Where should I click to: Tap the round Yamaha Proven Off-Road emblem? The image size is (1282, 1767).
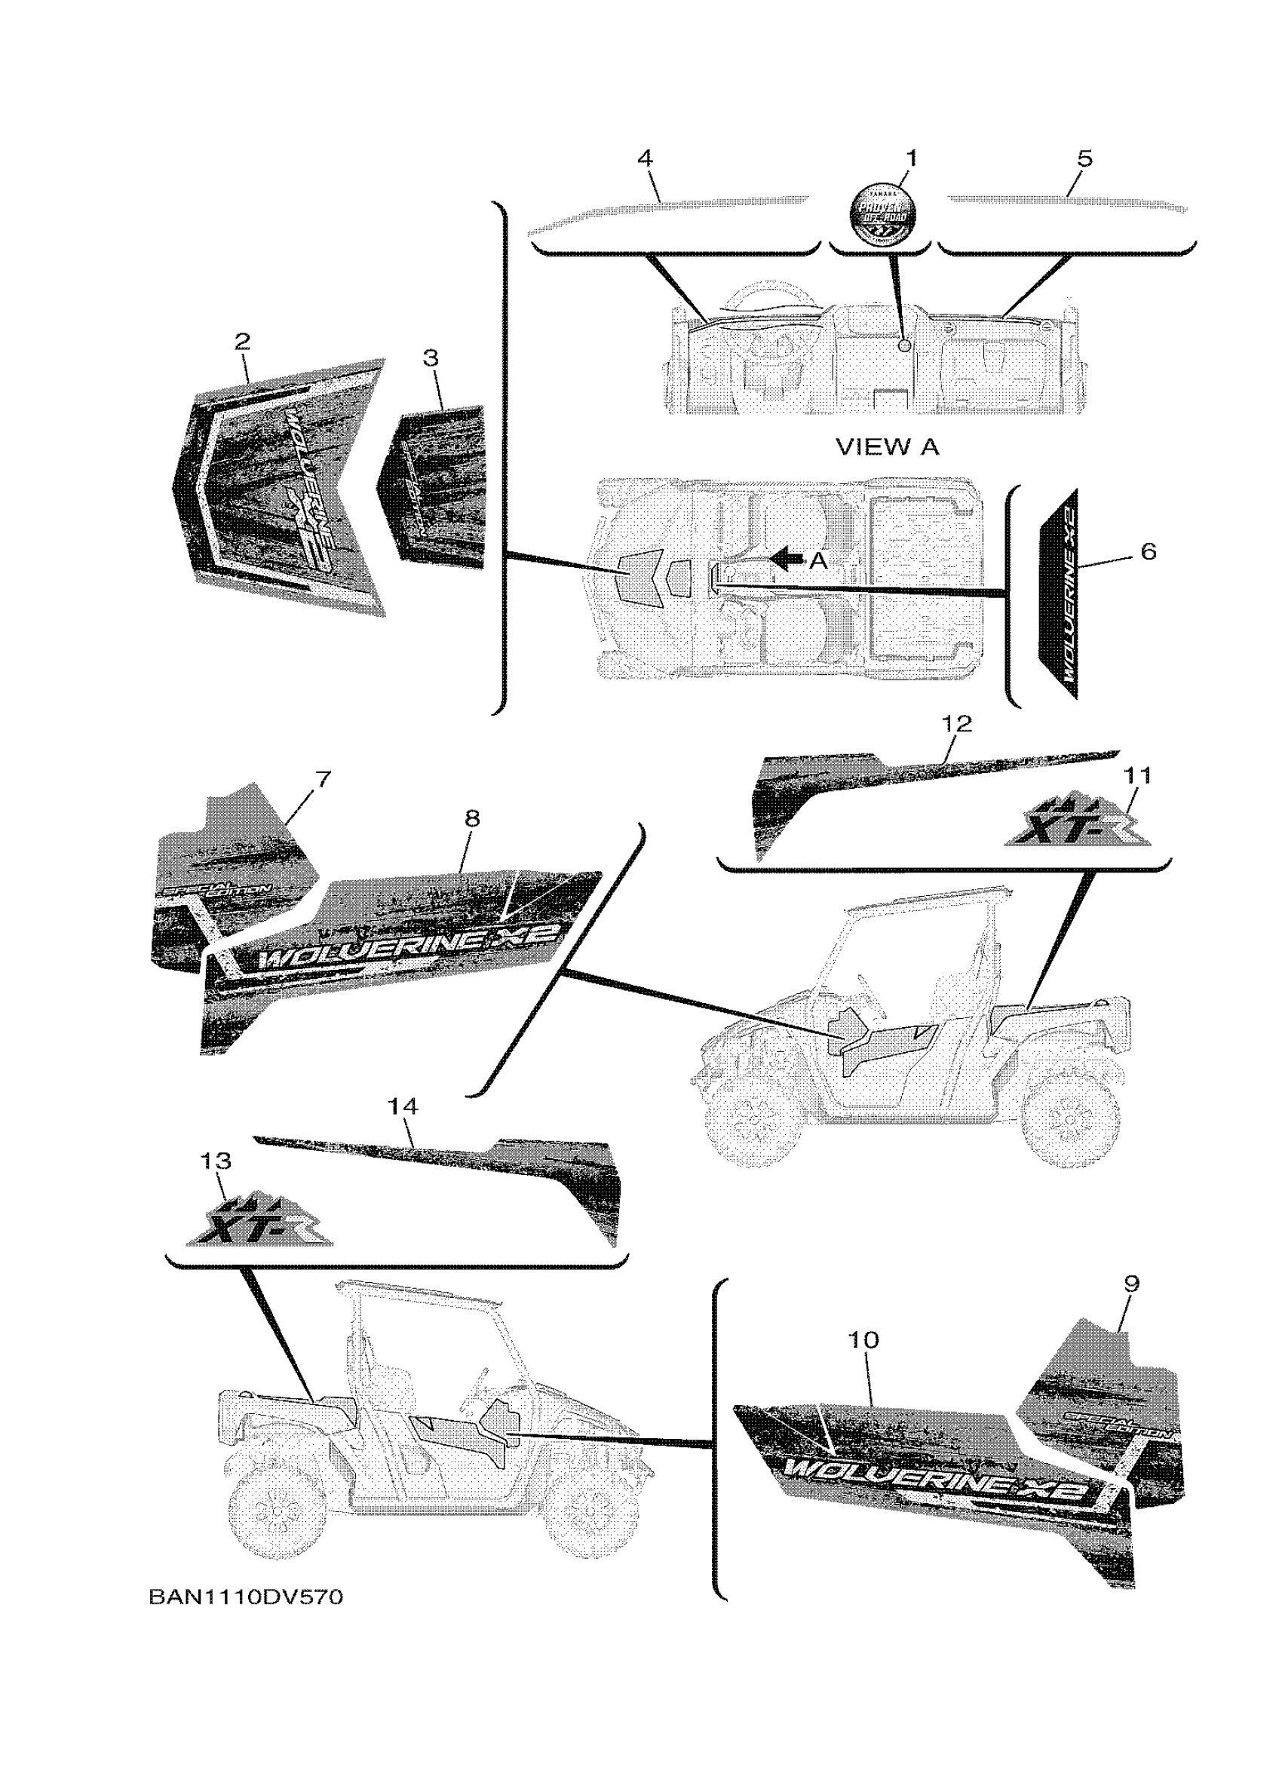882,212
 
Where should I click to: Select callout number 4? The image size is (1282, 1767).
645,158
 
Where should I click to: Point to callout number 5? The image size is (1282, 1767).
1085,158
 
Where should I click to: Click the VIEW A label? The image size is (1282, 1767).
887,447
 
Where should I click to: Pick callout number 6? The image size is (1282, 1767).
1147,551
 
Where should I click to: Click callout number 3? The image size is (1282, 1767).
431,357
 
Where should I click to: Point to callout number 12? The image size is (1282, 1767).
957,724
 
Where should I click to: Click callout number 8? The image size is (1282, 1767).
472,818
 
